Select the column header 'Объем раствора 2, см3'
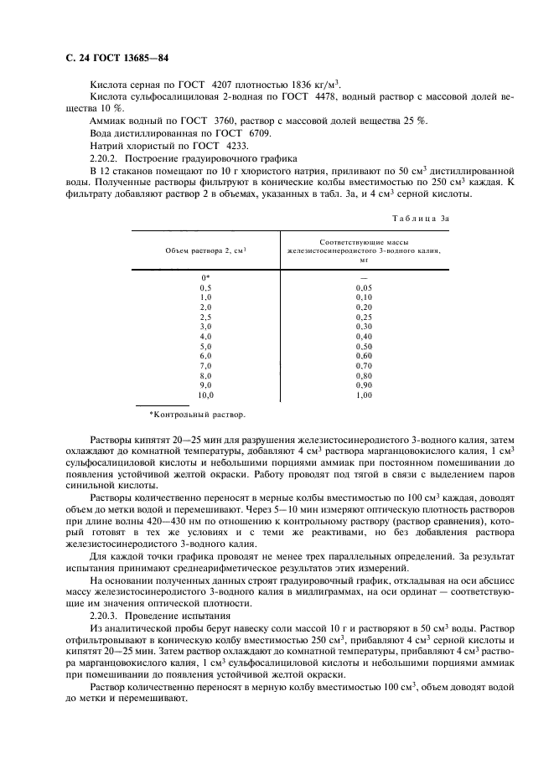[x=205, y=250]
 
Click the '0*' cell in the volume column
[x=205, y=277]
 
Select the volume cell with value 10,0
[x=205, y=395]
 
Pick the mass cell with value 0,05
[x=364, y=287]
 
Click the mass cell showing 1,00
[x=364, y=395]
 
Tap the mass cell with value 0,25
[x=364, y=317]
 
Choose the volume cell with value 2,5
[x=205, y=317]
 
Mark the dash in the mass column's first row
[x=364, y=277]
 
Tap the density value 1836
[x=304, y=84]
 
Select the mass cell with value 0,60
[x=364, y=355]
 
